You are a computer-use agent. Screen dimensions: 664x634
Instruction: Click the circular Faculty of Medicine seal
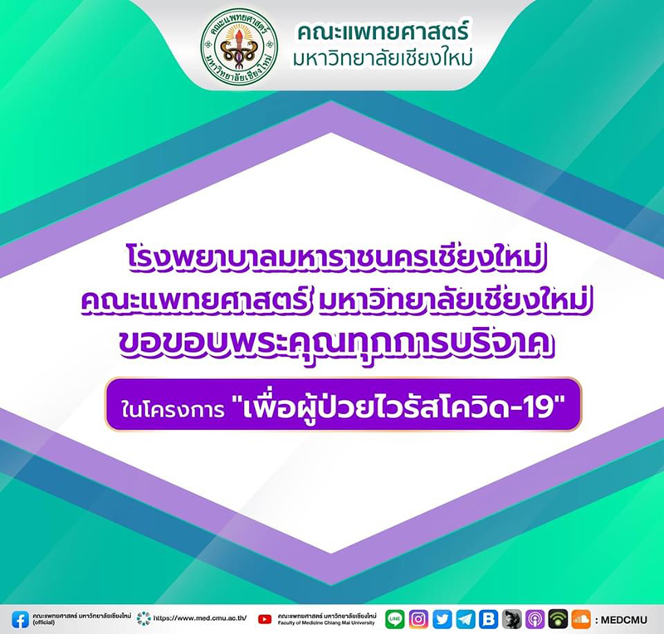pyautogui.click(x=239, y=46)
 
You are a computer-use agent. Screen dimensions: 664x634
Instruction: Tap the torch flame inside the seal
pyautogui.click(x=239, y=30)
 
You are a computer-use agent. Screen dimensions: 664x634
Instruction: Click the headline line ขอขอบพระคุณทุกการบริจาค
pyautogui.click(x=337, y=344)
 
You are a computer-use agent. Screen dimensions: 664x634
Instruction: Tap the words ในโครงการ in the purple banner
pyautogui.click(x=173, y=410)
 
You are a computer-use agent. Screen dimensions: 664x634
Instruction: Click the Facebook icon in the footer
pyautogui.click(x=20, y=619)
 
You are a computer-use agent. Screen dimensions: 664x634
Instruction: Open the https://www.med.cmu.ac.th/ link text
pyautogui.click(x=200, y=618)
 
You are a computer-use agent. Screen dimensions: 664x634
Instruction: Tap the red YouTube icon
pyautogui.click(x=265, y=619)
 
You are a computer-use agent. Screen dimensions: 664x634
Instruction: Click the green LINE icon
pyautogui.click(x=395, y=619)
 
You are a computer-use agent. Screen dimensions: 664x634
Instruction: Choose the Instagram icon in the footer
pyautogui.click(x=418, y=619)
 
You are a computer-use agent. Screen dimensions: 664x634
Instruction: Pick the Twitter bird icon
pyautogui.click(x=442, y=619)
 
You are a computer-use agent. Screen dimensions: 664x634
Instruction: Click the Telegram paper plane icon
pyautogui.click(x=466, y=619)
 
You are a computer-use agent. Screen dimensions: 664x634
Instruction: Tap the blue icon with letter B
pyautogui.click(x=488, y=619)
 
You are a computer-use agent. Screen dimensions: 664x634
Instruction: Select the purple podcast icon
pyautogui.click(x=535, y=619)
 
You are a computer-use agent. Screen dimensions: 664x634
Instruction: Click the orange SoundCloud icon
pyautogui.click(x=581, y=619)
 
